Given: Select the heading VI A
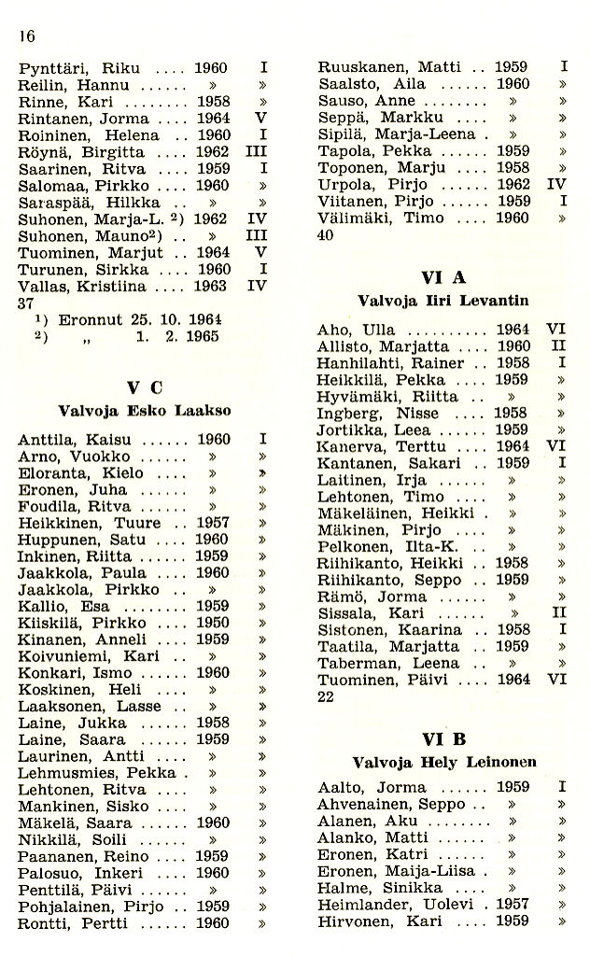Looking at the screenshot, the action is (x=443, y=278).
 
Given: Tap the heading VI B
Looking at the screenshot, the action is (x=443, y=738).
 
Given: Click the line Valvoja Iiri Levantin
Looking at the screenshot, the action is (x=443, y=301).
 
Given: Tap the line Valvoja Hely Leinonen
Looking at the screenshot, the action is (x=443, y=762).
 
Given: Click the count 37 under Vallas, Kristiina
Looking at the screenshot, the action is (x=27, y=303).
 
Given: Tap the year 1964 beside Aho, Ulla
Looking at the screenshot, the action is (x=513, y=330).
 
